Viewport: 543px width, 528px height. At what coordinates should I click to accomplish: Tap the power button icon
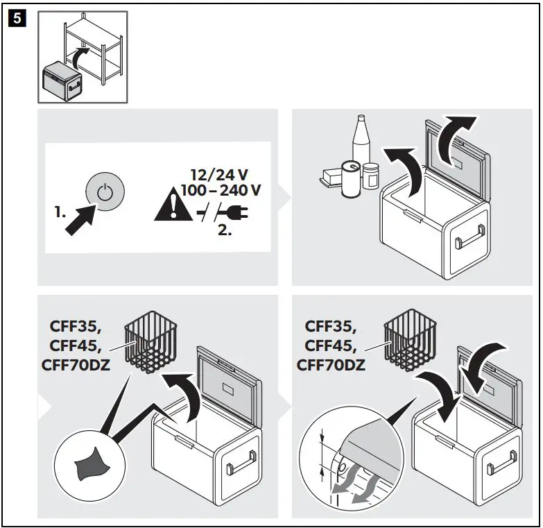coord(105,192)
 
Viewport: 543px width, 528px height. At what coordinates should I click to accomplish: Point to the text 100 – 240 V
coord(221,191)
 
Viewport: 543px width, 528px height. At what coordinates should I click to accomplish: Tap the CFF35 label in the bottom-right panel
coord(330,325)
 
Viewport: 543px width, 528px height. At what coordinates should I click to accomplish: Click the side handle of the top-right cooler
coord(461,240)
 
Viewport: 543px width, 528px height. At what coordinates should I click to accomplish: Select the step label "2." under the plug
coord(224,230)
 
